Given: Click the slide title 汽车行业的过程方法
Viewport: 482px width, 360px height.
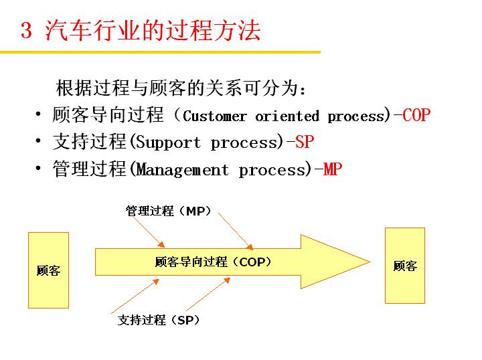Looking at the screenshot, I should [153, 31].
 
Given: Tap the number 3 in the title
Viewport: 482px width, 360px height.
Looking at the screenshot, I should [27, 31].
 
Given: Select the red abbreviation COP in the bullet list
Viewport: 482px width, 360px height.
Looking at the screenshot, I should [416, 115].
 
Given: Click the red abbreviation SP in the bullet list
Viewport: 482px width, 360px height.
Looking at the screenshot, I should [304, 143].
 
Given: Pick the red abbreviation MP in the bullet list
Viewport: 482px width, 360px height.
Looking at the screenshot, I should [332, 170].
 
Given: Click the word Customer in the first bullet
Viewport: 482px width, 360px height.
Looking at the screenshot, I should [214, 116].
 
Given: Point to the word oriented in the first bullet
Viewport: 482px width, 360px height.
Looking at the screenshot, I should [287, 116].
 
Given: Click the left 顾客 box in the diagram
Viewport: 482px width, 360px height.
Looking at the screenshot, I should [48, 270].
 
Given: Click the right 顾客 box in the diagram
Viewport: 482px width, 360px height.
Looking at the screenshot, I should [405, 266].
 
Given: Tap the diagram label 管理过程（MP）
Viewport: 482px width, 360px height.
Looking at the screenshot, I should [169, 211].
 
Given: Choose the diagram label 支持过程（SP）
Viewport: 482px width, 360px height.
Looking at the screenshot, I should [159, 321].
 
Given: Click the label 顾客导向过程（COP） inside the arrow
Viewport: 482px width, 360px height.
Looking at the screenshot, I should [213, 262].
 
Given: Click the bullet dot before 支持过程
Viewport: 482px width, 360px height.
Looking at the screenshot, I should [39, 142].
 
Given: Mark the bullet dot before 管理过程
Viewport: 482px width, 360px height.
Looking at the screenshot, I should [39, 169].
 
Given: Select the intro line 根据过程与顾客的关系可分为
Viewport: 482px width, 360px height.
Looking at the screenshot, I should [181, 88].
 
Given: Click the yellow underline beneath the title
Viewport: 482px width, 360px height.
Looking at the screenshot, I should [161, 52].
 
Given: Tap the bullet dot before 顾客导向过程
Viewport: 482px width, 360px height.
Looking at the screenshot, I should [39, 115].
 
